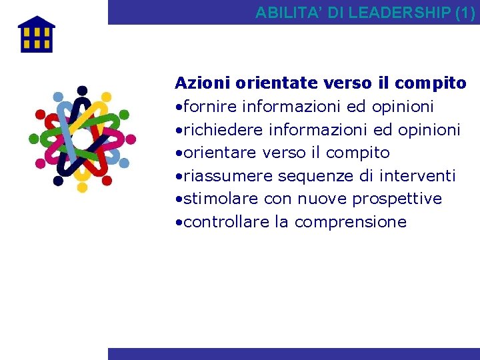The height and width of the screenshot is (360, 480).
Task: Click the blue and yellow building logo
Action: point(37,35)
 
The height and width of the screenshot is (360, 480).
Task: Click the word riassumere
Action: point(227,176)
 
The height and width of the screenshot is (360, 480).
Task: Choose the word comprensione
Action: point(350,222)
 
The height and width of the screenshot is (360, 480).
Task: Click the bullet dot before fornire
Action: point(178,107)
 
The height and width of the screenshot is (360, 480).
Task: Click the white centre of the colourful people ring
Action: point(81,139)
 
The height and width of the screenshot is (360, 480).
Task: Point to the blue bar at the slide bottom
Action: point(293,354)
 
